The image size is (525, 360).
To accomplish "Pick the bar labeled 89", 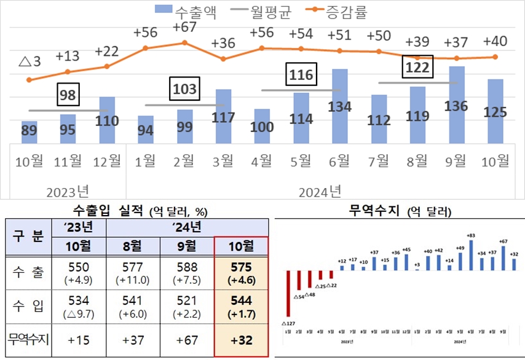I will (29, 132).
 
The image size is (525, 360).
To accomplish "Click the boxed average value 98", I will (68, 96).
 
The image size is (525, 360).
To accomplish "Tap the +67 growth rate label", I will (184, 28).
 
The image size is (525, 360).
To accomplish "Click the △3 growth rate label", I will (29, 62).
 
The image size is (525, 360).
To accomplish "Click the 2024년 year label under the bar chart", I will (320, 191).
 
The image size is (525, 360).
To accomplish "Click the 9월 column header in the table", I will (187, 246).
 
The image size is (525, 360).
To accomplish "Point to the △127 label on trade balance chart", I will (288, 323).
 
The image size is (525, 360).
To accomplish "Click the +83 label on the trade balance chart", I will (471, 235).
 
